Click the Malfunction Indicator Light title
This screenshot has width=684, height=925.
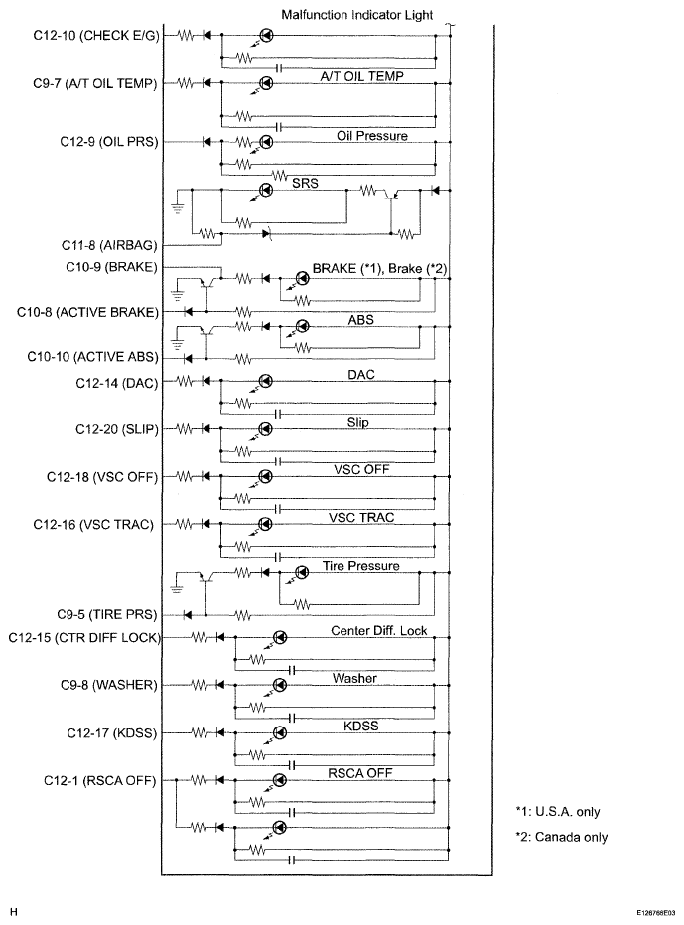[357, 14]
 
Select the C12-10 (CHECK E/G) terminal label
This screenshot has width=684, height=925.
[96, 36]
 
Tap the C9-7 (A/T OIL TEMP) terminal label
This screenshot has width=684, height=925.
[95, 83]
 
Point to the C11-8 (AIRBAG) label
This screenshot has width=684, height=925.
[109, 245]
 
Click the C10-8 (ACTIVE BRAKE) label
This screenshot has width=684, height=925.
[88, 312]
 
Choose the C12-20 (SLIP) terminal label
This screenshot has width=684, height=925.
[117, 429]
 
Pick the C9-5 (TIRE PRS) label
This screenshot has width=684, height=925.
[107, 614]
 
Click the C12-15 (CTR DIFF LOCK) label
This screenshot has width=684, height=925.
[84, 638]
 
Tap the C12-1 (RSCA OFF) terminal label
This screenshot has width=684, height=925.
[99, 780]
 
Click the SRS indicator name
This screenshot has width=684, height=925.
[305, 183]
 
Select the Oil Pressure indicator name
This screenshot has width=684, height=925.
[372, 136]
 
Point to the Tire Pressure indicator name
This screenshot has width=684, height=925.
[360, 565]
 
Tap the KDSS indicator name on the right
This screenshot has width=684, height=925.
[360, 726]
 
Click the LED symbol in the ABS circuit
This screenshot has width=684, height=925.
[302, 326]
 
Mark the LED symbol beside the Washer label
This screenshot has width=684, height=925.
[280, 685]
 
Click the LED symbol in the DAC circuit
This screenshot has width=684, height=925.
[266, 381]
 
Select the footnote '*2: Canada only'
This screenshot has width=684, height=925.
[561, 837]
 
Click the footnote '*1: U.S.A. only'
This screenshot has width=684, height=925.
[558, 811]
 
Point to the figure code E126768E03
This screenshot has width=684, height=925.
[655, 912]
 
